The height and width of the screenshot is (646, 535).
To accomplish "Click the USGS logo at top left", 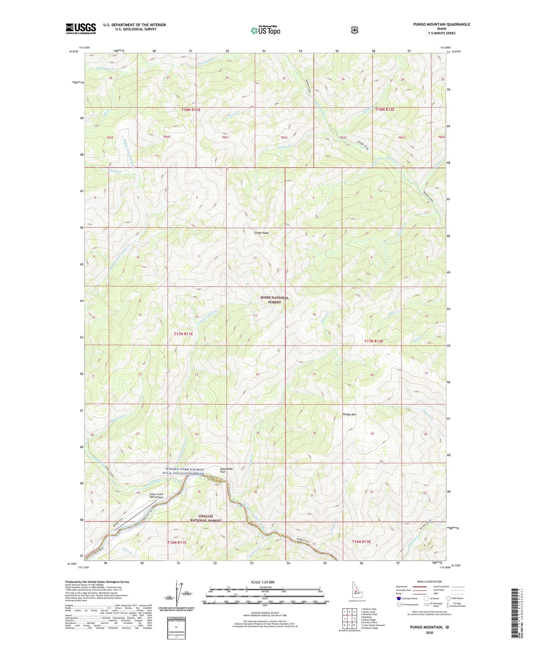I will (x=81, y=28).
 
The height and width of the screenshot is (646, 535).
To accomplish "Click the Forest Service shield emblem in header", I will (x=355, y=30).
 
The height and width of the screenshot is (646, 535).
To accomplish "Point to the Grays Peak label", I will (x=261, y=233).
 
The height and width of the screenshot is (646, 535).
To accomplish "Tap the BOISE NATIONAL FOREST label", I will (x=274, y=300).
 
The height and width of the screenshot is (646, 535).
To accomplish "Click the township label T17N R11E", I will (x=184, y=334).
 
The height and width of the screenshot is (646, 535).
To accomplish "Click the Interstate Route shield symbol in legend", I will (x=398, y=598).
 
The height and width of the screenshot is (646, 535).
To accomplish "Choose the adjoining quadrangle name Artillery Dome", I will (x=369, y=622).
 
